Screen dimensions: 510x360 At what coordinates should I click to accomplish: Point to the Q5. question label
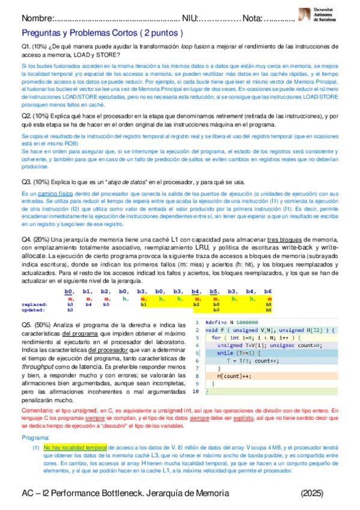[x=29, y=325]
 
